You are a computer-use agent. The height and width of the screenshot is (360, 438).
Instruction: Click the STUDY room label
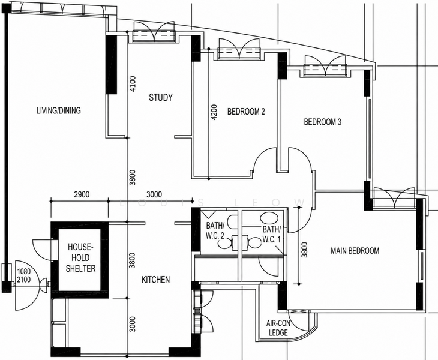point(161,97)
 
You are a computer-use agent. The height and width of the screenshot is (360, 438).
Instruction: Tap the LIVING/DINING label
point(59,110)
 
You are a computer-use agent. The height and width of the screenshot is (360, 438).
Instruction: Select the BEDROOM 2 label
point(246,112)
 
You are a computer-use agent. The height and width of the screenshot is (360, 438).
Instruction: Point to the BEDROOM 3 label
point(323,122)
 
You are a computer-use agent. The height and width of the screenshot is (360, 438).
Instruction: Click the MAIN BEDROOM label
point(355,251)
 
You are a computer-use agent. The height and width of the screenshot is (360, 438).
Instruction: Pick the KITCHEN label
point(155,280)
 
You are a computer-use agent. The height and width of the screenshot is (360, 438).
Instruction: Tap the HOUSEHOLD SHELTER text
point(80,258)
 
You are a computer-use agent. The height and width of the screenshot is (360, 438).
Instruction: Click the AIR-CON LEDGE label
point(278,328)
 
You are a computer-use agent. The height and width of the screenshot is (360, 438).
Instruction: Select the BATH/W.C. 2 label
point(215,230)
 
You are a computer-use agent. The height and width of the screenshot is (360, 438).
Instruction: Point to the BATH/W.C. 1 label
point(271,235)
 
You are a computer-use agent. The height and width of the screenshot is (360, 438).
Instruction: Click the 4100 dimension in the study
point(133,83)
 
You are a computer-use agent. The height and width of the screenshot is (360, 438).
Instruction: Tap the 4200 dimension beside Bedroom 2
point(214,112)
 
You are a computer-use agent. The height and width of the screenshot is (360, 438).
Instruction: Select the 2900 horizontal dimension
point(82,194)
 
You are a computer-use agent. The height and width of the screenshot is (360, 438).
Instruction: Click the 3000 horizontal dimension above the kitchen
point(154,194)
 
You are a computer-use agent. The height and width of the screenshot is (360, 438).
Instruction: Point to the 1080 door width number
point(24,271)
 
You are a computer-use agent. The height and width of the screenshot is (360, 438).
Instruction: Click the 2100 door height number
point(24,279)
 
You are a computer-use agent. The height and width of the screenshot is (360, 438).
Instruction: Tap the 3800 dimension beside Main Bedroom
point(305,250)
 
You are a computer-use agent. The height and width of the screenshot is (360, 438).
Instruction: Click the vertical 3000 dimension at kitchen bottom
point(133,324)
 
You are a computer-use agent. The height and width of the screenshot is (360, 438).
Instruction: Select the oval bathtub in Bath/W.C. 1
point(268,217)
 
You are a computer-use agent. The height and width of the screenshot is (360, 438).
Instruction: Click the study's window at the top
point(153,35)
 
